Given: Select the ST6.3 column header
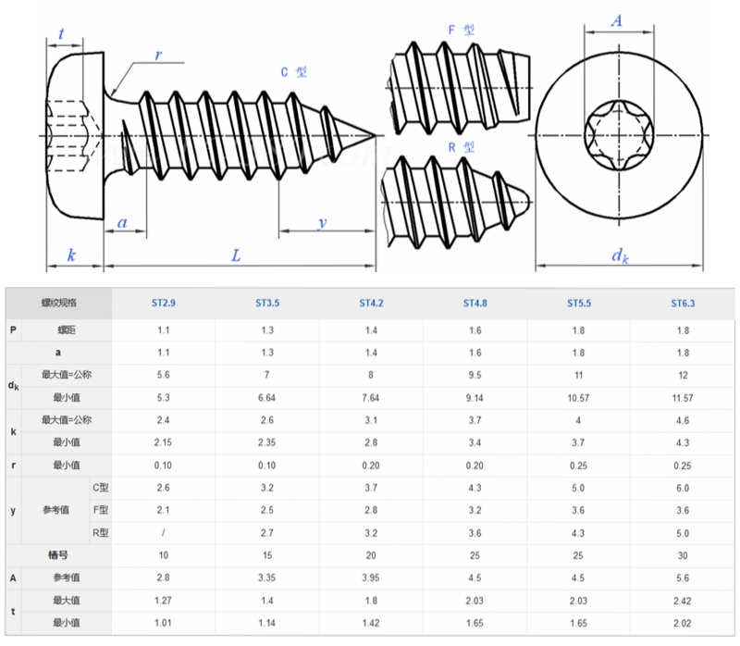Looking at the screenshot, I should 684,303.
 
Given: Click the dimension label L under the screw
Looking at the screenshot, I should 236,255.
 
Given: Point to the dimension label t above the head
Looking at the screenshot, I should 61,34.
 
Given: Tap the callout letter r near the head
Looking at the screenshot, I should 158,56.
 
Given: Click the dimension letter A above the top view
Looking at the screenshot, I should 617,22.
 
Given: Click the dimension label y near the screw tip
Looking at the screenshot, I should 322,222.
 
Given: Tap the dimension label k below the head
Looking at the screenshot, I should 72,255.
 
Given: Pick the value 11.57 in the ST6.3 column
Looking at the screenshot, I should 684,397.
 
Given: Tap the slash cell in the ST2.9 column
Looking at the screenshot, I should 163,533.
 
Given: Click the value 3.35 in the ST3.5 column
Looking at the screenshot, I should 268,578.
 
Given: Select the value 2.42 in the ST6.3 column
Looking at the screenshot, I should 684,600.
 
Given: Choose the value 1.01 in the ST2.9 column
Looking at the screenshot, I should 163,622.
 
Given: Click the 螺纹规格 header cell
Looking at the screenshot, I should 59,303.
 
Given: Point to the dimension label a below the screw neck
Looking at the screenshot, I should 123,222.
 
